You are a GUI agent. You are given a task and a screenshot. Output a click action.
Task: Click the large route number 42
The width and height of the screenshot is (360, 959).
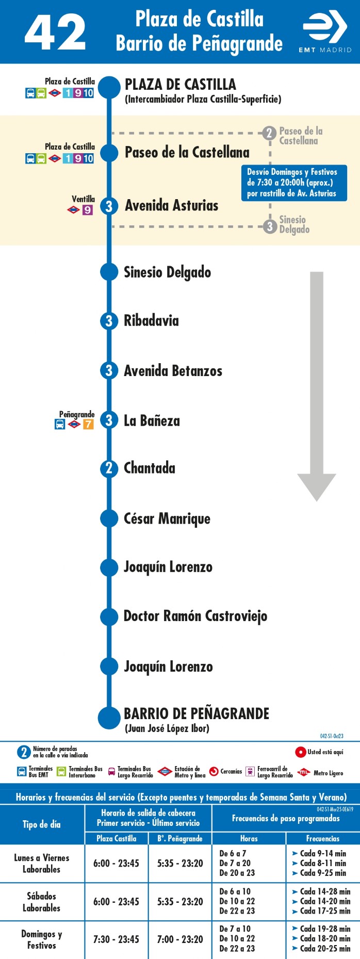pos(55,32)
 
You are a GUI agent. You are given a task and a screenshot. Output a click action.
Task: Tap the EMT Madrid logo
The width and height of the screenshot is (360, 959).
pos(325,32)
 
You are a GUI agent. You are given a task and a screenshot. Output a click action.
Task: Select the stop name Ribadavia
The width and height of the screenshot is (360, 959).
pos(151,320)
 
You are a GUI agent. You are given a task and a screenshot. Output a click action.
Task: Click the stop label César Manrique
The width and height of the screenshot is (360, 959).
pos(167,519)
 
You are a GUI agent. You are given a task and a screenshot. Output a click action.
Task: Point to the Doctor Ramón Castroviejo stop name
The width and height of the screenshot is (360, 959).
pos(195,616)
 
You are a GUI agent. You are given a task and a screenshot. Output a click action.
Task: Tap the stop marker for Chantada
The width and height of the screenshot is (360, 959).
pos(109,468)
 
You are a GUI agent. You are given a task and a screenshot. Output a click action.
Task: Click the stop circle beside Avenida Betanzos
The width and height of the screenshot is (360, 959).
pos(109,370)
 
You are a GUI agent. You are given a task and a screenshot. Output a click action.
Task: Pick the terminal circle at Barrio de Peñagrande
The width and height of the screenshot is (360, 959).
pos(109,718)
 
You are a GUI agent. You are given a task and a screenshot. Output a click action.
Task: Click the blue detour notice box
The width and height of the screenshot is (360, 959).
pos(294,183)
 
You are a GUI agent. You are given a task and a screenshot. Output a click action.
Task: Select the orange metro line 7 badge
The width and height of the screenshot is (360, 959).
pos(88,425)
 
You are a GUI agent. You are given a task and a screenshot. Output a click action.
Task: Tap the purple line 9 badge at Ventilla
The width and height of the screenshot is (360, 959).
pos(88,210)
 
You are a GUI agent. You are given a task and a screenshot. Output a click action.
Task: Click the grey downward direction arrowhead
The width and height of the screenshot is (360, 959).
pos(317,487)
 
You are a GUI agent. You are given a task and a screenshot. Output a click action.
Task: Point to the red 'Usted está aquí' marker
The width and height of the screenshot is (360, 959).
pos(301,752)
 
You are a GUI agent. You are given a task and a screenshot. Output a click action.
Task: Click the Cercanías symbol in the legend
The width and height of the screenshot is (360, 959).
pos(214,772)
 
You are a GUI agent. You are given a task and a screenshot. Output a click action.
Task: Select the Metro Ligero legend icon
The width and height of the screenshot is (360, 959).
pos(304,772)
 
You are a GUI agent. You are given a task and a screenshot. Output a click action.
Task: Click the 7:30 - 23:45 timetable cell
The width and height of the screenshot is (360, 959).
pos(116,939)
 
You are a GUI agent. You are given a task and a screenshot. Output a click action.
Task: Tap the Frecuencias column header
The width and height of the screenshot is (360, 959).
pos(323,838)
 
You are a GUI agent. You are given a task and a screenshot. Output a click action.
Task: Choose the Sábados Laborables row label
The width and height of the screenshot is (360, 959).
pos(41,902)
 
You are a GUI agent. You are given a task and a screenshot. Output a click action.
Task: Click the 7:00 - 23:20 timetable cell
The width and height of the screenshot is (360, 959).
pos(180,939)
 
